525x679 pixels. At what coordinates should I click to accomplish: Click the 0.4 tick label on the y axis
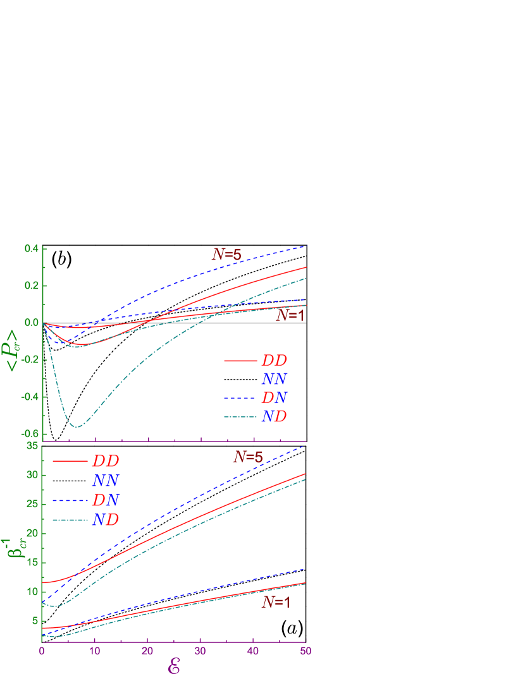[x=32, y=249]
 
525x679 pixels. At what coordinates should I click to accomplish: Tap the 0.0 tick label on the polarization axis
[x=32, y=323]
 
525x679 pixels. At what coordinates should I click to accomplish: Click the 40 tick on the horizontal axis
[x=253, y=651]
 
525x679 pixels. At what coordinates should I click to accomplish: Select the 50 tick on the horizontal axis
[x=306, y=651]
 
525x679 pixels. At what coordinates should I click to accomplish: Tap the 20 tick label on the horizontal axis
[x=147, y=651]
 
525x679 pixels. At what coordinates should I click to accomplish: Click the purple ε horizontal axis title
[x=174, y=666]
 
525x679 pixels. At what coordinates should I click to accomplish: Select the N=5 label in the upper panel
[x=226, y=255]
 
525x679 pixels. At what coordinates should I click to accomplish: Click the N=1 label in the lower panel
[x=276, y=603]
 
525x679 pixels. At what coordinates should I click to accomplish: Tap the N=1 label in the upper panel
[x=291, y=315]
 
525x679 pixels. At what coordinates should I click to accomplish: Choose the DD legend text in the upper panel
[x=274, y=361]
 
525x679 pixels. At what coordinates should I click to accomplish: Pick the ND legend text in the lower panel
[x=106, y=520]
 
